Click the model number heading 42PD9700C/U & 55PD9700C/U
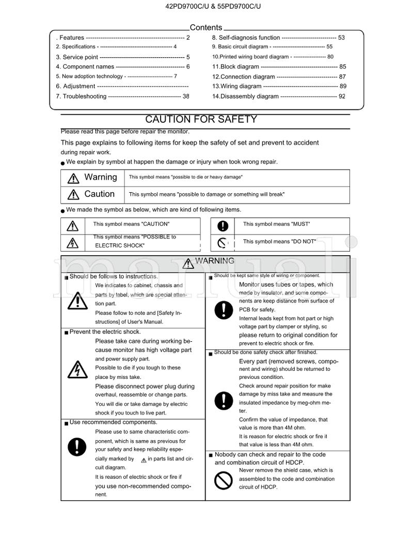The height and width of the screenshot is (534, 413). click(206, 7)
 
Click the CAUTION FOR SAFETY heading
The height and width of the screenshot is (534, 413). click(201, 120)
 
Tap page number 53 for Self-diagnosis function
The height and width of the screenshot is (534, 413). click(341, 38)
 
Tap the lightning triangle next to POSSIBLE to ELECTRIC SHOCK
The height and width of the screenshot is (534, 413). click(73, 242)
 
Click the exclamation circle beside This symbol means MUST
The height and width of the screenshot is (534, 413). click(223, 225)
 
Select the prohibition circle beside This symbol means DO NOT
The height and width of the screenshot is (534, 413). click(223, 242)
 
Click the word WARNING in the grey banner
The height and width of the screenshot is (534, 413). click(214, 261)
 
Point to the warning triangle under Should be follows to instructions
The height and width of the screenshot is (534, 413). click(77, 300)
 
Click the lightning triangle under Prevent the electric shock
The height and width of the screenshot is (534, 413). click(77, 369)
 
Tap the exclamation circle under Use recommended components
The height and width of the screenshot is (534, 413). click(77, 444)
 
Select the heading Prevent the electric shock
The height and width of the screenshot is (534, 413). click(105, 332)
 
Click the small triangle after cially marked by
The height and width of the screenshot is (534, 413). click(144, 460)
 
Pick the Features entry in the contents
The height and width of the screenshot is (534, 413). click(72, 38)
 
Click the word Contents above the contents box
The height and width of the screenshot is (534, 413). click(206, 28)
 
